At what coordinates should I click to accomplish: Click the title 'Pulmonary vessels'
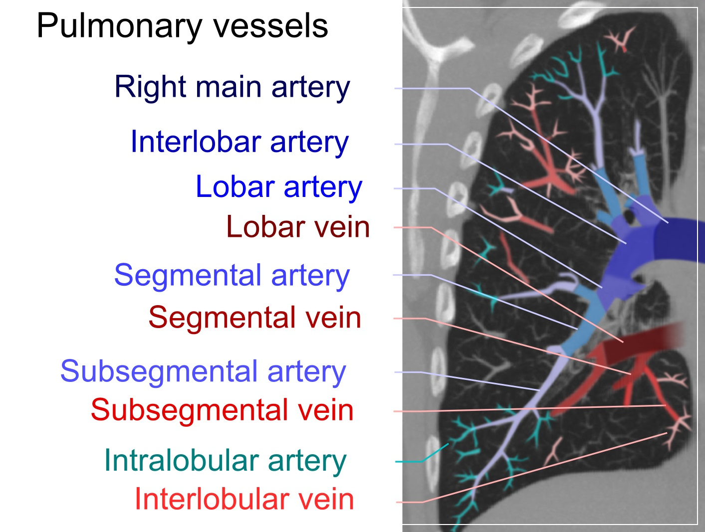[x=182, y=26]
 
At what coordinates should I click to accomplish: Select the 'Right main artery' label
[x=232, y=87]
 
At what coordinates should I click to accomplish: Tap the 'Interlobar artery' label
[x=239, y=142]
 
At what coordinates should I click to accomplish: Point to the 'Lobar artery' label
[x=278, y=187]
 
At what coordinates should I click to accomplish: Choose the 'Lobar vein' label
[x=298, y=227]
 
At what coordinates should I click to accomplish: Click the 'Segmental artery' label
[x=232, y=276]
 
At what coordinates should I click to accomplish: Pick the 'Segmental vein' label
[x=254, y=318]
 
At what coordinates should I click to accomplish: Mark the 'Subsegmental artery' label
[x=203, y=372]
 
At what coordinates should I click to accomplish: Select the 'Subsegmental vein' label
[x=222, y=410]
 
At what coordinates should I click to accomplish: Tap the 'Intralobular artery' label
[x=225, y=461]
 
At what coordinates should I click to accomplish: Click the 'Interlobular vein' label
[x=244, y=499]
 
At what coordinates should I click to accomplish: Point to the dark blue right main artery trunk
[x=684, y=239]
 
